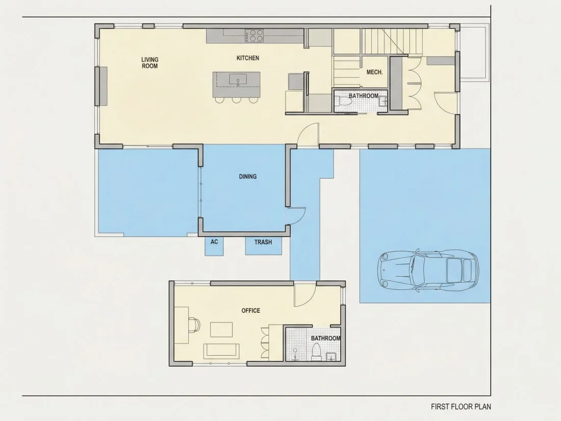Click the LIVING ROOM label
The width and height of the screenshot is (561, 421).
pyautogui.click(x=149, y=63)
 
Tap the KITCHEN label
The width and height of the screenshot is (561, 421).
pyautogui.click(x=247, y=58)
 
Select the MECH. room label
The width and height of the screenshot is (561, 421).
pyautogui.click(x=375, y=72)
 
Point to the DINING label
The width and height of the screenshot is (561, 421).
pyautogui.click(x=247, y=177)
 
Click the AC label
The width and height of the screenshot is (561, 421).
pyautogui.click(x=214, y=242)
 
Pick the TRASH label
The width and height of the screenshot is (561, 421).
pyautogui.click(x=263, y=242)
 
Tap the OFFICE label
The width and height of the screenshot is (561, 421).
pyautogui.click(x=250, y=311)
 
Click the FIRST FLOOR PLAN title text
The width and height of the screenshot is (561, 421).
pyautogui.click(x=461, y=407)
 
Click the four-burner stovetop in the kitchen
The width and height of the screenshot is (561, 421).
pyautogui.click(x=254, y=35)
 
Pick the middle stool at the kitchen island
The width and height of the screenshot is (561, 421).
pyautogui.click(x=237, y=100)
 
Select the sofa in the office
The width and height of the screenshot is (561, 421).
pyautogui.click(x=221, y=351)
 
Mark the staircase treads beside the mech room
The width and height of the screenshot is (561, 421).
pyautogui.click(x=385, y=41)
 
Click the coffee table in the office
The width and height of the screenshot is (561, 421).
pyautogui.click(x=221, y=329)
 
